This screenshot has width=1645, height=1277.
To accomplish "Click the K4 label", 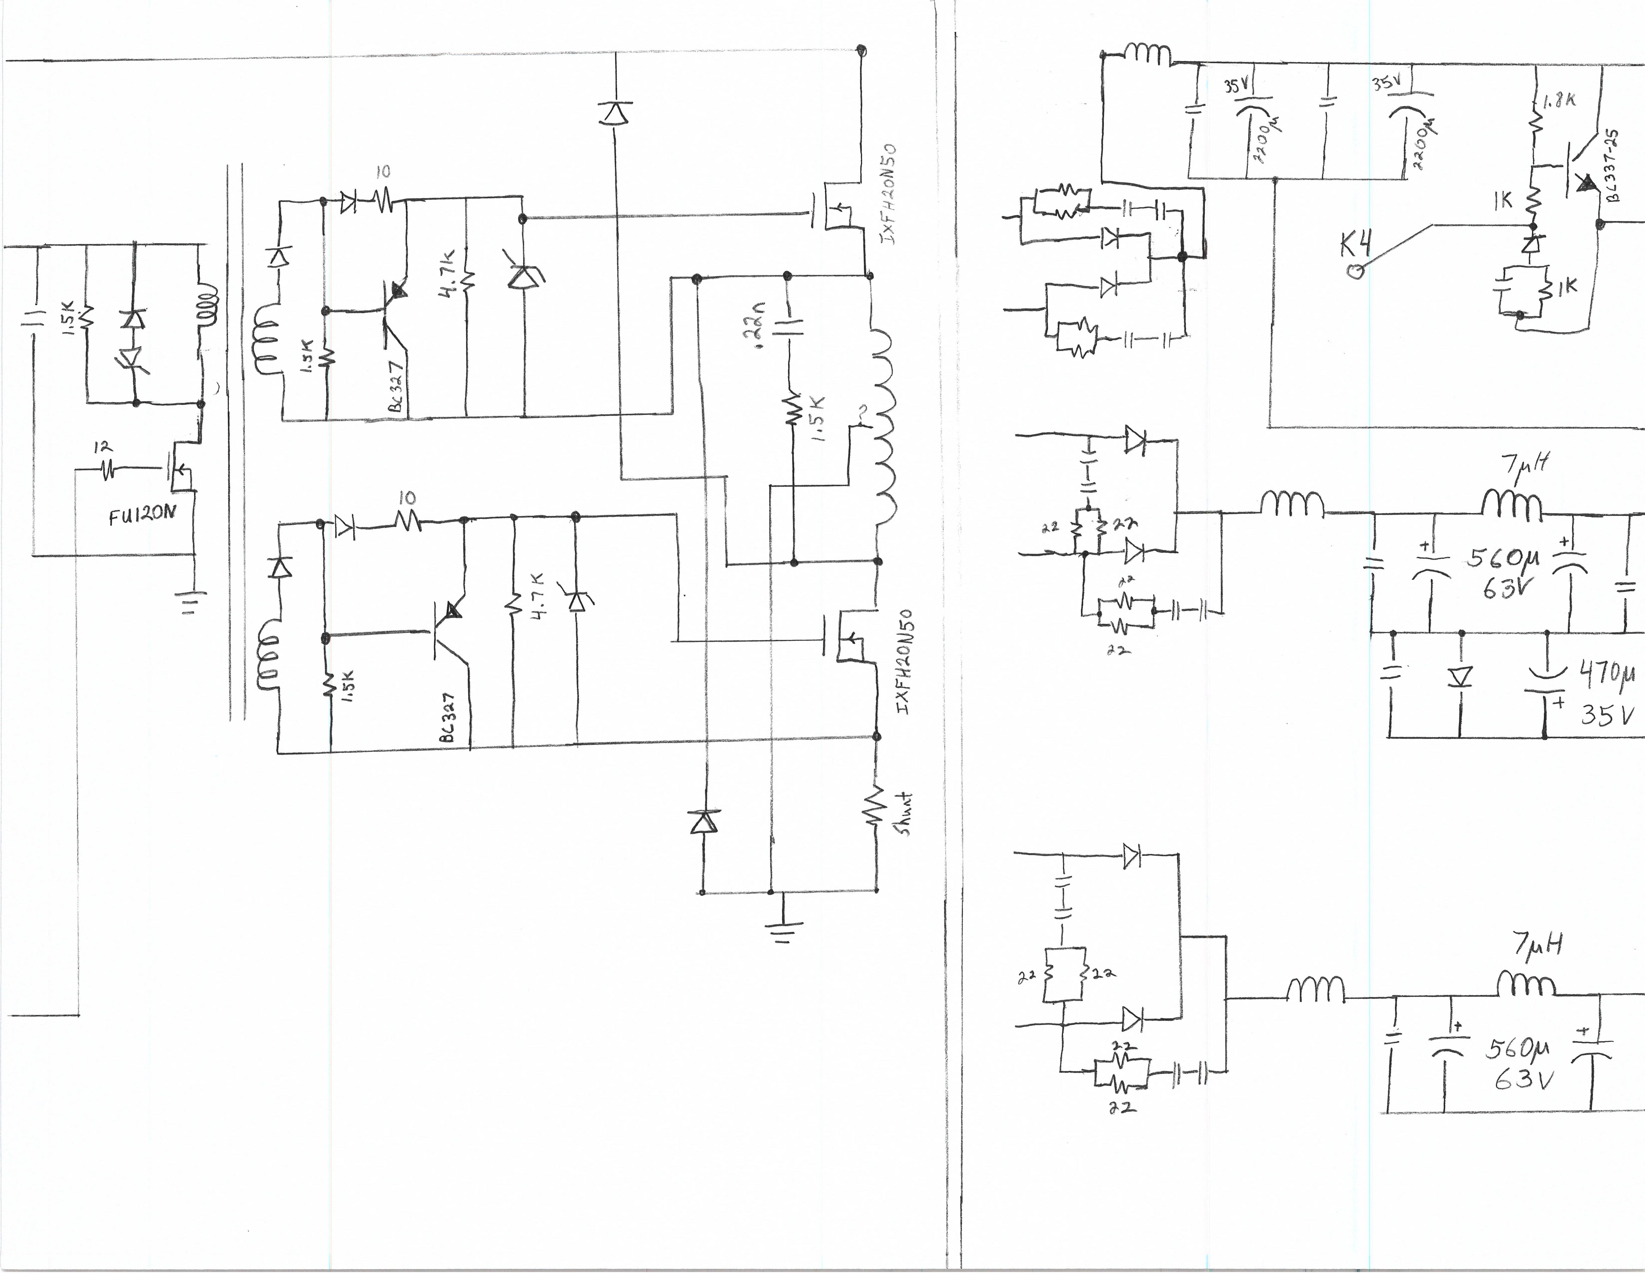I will (x=1356, y=245).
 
